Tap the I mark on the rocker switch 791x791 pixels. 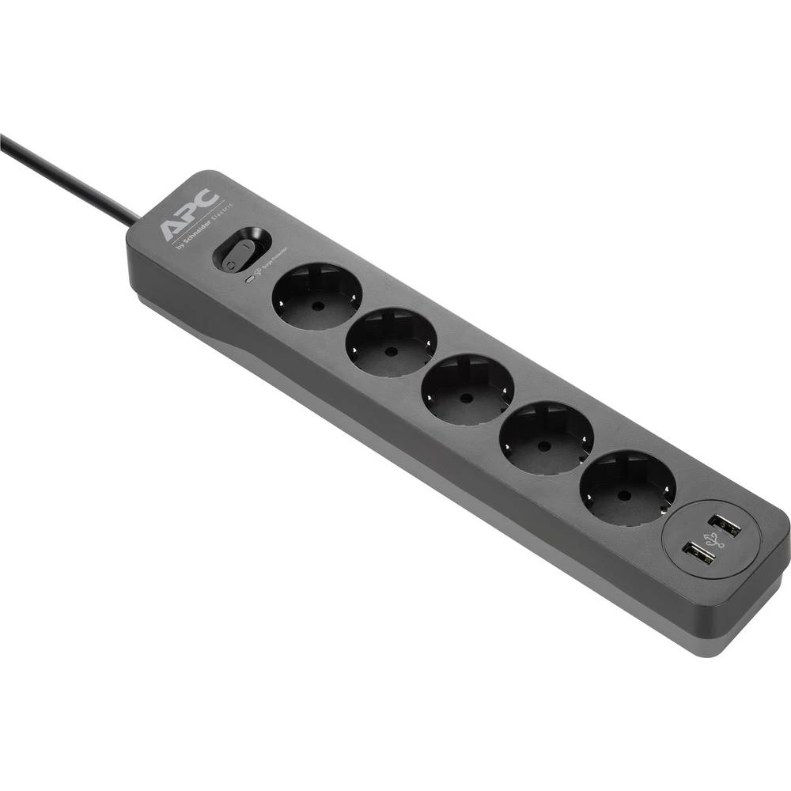pos(252,244)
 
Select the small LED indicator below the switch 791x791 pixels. pos(249,278)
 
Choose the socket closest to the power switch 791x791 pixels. pos(316,297)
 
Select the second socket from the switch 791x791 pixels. pos(392,342)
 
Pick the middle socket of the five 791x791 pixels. pos(467,389)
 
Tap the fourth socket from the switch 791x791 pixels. pos(546,437)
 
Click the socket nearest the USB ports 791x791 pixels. pos(627,487)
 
